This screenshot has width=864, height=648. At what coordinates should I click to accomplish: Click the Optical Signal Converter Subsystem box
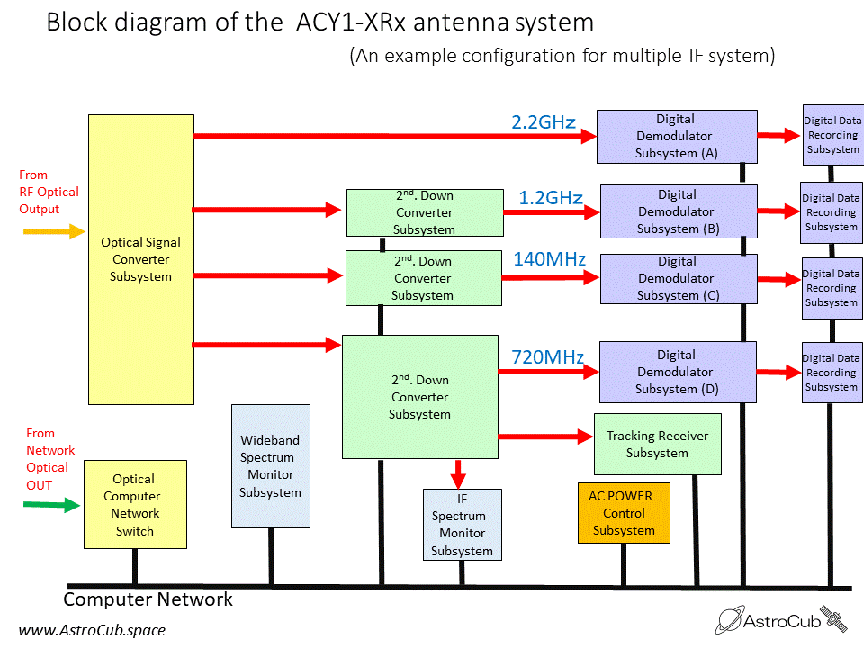(x=140, y=259)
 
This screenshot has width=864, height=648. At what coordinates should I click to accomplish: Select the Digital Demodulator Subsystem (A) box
(x=676, y=136)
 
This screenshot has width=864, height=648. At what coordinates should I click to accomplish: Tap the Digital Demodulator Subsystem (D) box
(x=677, y=372)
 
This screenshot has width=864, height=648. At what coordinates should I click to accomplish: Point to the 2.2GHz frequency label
(x=544, y=122)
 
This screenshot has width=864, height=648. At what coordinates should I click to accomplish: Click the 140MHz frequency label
(x=549, y=260)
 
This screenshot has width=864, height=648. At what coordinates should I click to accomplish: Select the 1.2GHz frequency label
(x=550, y=198)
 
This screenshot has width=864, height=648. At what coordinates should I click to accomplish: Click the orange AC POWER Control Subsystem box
(x=623, y=512)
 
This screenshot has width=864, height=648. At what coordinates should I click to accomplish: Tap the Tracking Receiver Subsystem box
(x=657, y=444)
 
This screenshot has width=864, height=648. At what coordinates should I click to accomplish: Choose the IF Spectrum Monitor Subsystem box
(x=462, y=525)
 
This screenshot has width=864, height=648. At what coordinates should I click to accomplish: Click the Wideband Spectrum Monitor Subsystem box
(x=270, y=465)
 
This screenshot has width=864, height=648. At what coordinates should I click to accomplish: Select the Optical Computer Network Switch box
(x=134, y=505)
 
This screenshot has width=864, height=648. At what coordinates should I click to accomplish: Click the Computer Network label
(x=148, y=599)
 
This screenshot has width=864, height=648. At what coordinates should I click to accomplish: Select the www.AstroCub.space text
(x=92, y=630)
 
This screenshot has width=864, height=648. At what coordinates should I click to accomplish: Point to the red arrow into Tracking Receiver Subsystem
(x=545, y=437)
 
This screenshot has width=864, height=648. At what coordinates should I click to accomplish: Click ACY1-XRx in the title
(x=350, y=22)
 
